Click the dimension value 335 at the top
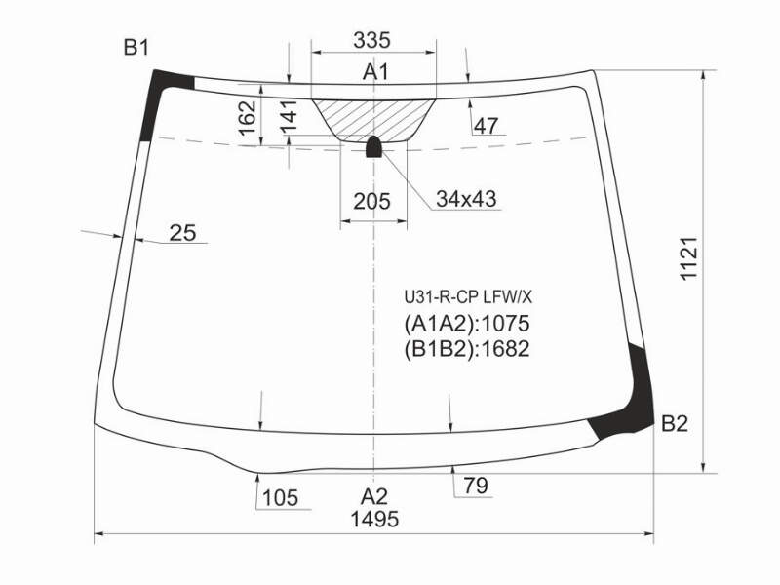(x=371, y=40)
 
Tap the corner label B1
(x=136, y=48)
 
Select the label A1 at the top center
(x=375, y=72)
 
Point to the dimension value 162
(x=248, y=118)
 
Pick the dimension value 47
(x=485, y=127)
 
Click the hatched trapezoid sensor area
(x=373, y=119)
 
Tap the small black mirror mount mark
(x=373, y=147)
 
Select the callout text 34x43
(x=466, y=199)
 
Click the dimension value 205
(x=372, y=202)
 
